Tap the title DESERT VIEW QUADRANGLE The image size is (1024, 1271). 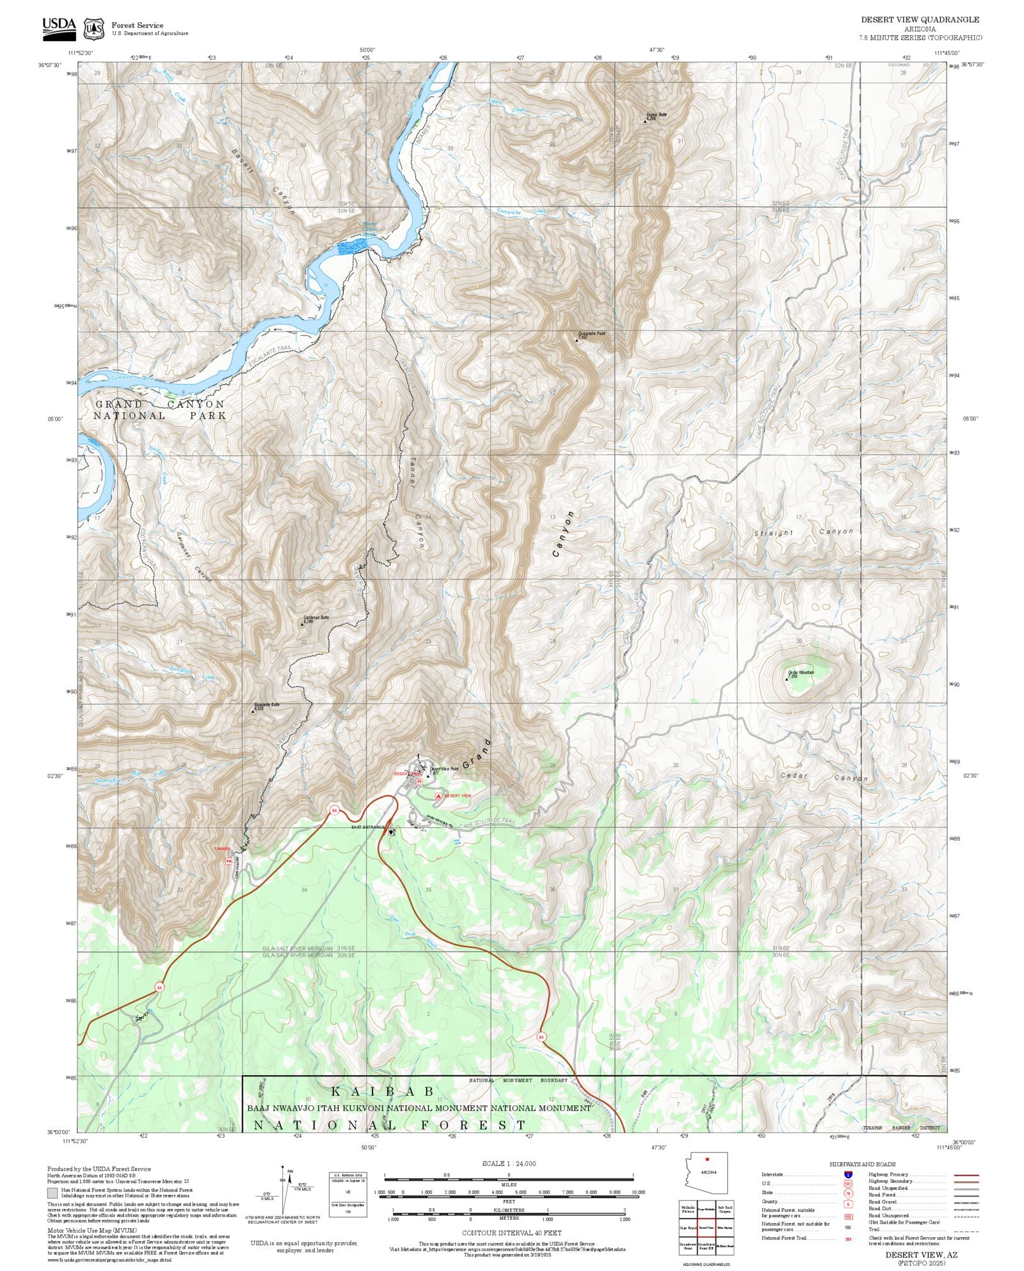[919, 20]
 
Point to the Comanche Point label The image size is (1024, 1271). [591, 335]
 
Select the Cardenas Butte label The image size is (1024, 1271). [316, 619]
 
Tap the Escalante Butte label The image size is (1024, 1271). [267, 707]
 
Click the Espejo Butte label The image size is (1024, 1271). [656, 116]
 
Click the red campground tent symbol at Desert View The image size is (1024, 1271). [438, 795]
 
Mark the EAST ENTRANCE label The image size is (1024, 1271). [368, 827]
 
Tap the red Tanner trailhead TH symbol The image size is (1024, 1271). [228, 861]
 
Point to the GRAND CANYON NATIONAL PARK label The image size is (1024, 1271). [160, 410]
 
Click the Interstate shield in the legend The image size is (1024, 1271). [848, 1175]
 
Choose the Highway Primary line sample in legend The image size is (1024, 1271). [966, 1175]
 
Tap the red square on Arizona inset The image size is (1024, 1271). [707, 1159]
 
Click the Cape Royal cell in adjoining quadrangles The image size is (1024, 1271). [688, 1228]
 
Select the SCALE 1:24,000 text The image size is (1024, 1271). [509, 1163]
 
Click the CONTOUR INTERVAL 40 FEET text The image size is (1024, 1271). [511, 1233]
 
